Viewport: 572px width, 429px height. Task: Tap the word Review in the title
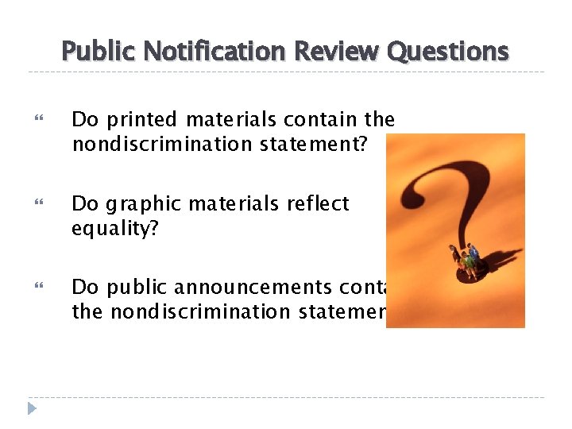(x=337, y=52)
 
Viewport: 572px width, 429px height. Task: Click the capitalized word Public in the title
(x=93, y=52)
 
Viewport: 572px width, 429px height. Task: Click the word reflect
(x=313, y=204)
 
